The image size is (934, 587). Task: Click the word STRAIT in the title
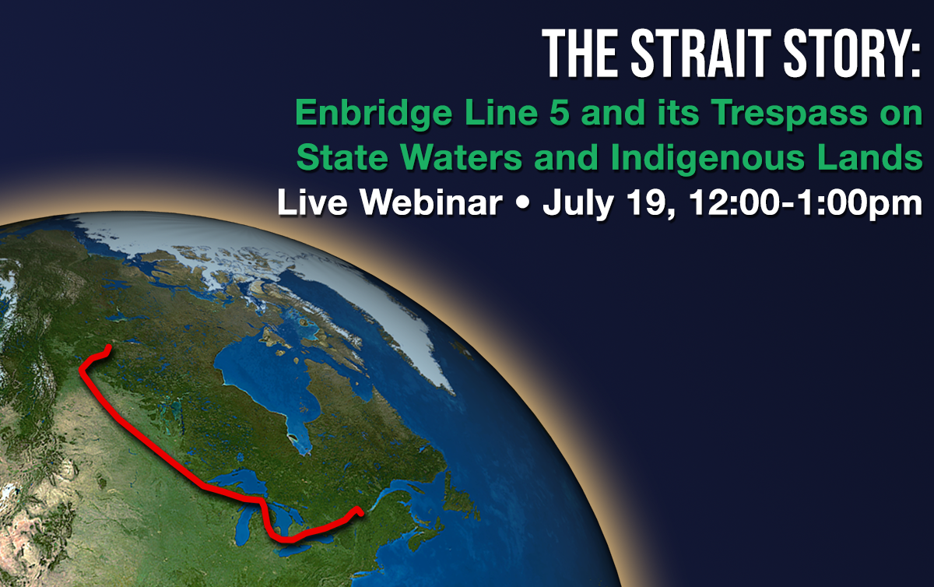point(700,53)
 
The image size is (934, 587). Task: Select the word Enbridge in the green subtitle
point(374,114)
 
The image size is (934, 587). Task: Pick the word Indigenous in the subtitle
point(708,159)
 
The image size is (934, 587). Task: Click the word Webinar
point(431,202)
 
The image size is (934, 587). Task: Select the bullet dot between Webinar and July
point(522,204)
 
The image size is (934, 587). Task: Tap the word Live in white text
point(312,202)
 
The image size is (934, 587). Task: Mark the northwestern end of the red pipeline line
point(109,346)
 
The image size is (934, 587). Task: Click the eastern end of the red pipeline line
point(361,514)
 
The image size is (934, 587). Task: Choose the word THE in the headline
point(580,53)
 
